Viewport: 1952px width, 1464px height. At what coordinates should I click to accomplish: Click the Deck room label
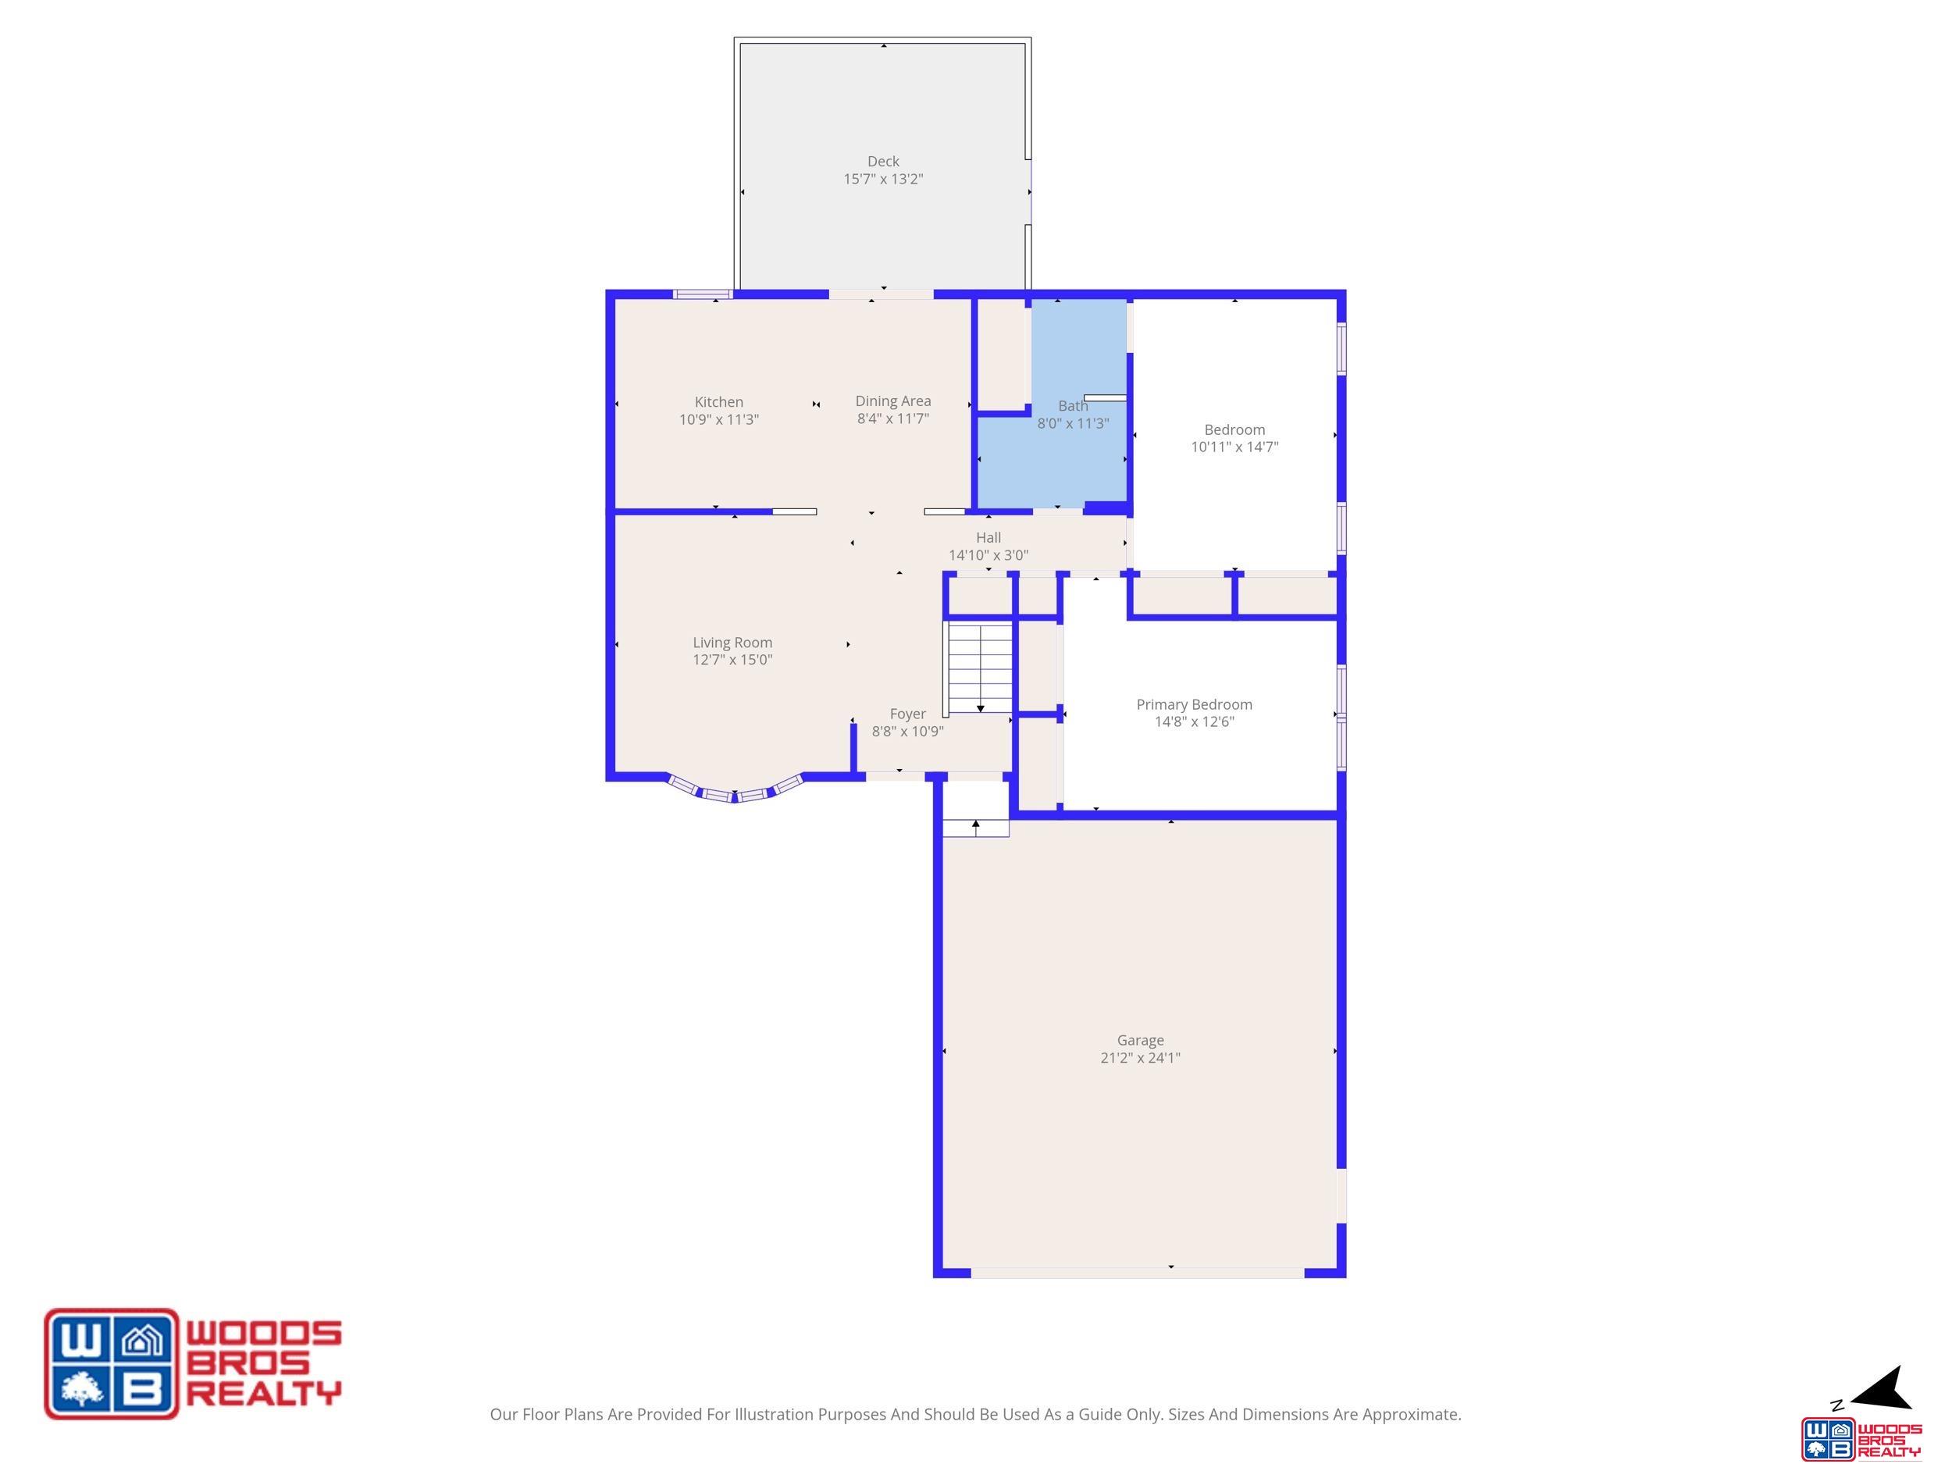tap(883, 162)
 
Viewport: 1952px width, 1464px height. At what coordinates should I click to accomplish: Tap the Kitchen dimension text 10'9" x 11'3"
tap(719, 420)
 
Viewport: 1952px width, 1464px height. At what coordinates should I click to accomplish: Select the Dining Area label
tap(893, 401)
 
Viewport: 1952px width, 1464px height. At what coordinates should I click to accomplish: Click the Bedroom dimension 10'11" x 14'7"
tap(1234, 447)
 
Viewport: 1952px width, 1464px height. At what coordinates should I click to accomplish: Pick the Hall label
tap(988, 537)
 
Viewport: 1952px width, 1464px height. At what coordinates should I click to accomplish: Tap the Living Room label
tap(732, 643)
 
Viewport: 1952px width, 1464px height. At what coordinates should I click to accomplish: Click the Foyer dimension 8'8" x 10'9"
tap(908, 732)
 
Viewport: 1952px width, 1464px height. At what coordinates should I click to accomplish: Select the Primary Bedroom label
tap(1194, 704)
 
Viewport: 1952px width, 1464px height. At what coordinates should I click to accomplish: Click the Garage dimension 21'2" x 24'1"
tap(1140, 1058)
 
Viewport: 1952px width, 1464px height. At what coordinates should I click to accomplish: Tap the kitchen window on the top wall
tap(703, 294)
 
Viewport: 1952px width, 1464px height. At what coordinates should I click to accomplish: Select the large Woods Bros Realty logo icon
tap(111, 1363)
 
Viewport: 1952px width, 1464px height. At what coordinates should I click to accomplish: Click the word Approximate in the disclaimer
tap(1411, 1415)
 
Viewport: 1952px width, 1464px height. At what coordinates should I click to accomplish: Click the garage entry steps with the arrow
tap(976, 828)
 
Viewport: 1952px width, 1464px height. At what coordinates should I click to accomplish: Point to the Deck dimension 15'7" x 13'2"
tap(883, 179)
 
